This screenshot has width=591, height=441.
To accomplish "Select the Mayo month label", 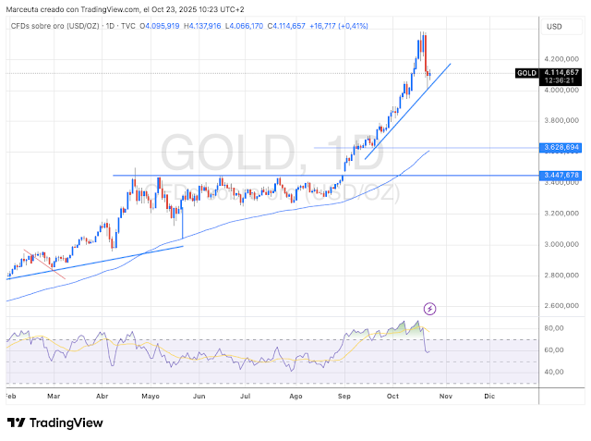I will tap(151, 396).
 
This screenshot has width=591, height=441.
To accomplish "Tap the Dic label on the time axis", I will tap(489, 396).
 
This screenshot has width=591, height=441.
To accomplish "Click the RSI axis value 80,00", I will tap(555, 328).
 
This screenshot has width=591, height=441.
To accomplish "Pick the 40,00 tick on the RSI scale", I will tap(555, 372).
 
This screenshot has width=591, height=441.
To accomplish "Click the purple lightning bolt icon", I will tap(429, 308).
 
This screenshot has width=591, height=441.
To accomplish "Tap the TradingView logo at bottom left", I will tap(54, 423).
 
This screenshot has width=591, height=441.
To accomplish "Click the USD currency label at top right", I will tap(555, 26).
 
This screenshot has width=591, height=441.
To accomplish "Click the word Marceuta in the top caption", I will tap(27, 8).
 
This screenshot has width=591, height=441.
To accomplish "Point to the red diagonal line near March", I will tap(44, 263).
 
